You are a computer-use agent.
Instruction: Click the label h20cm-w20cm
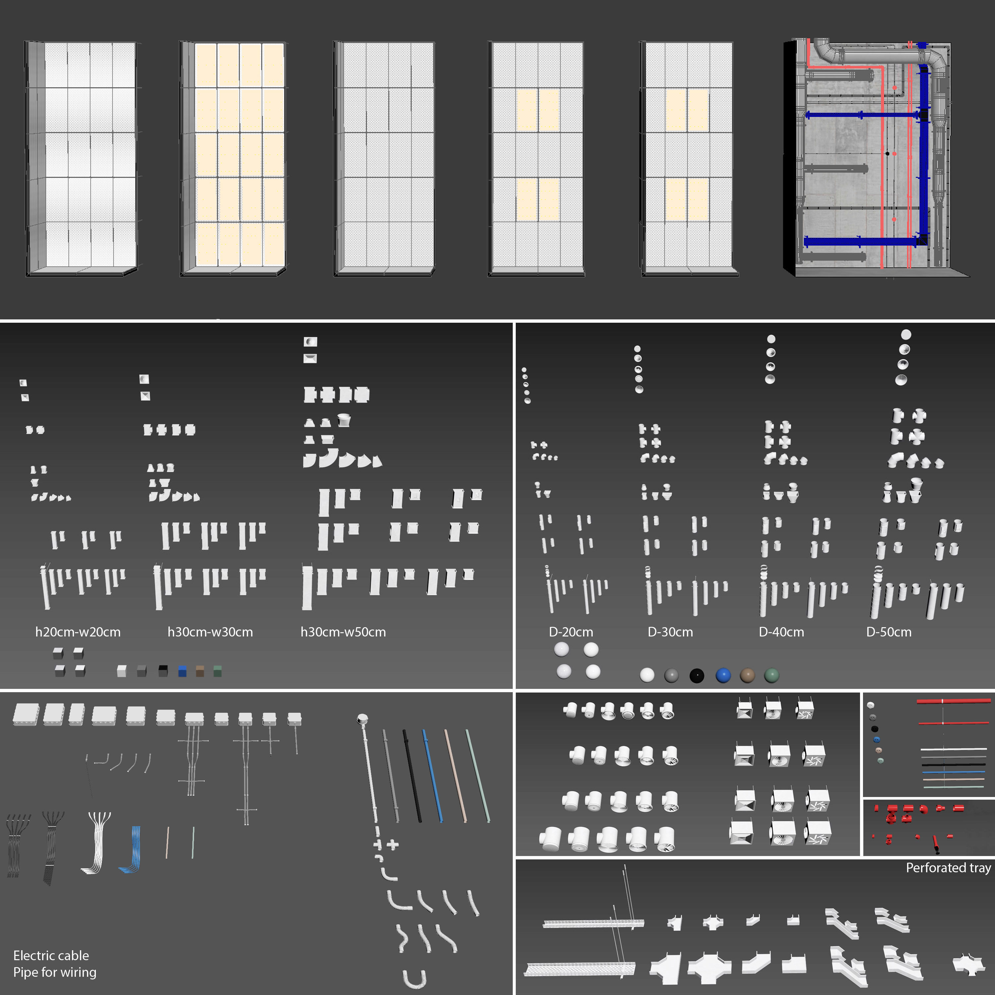pos(78,632)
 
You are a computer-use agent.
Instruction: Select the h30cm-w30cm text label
pos(210,632)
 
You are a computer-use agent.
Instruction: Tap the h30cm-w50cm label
pos(343,632)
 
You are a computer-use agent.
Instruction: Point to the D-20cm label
pos(570,632)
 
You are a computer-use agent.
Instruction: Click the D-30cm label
pos(670,632)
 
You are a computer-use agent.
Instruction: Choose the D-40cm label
pos(781,632)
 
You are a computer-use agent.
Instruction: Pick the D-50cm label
pos(889,632)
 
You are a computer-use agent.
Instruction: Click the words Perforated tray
pos(948,868)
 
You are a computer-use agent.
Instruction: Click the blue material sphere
pos(723,675)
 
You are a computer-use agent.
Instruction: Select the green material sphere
pos(771,675)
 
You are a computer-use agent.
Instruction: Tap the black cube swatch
pos(163,671)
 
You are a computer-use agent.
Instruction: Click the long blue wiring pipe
pos(432,775)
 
